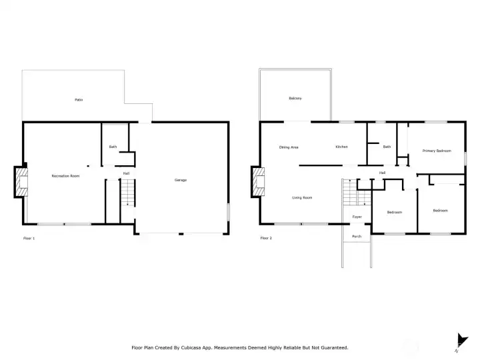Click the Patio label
point(79,100)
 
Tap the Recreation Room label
point(66,176)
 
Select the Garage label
point(181,180)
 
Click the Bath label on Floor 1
point(113,147)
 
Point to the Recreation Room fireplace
point(21,181)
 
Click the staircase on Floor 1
point(127,195)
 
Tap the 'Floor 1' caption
point(29,238)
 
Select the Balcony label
point(295,99)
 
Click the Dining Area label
point(289,147)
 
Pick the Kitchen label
point(342,147)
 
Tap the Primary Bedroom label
point(437,151)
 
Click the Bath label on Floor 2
point(387,147)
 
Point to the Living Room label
point(302,197)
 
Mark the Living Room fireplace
point(258,181)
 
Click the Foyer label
point(357,217)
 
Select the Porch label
point(357,236)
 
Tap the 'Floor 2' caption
point(266,238)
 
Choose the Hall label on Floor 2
point(382,173)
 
